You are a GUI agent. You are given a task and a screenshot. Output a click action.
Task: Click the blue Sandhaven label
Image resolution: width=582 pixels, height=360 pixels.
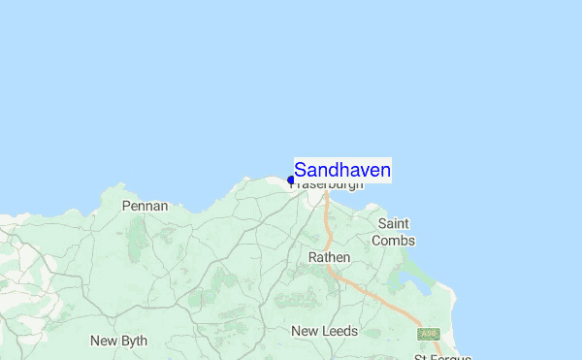pos(342,171)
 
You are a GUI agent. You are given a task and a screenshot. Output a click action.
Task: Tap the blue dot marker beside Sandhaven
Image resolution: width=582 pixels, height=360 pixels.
pos(291,180)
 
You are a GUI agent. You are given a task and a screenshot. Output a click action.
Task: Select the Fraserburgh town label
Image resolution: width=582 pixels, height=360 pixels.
pos(328,184)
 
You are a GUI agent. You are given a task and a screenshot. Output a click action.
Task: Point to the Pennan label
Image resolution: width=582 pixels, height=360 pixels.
pos(145,206)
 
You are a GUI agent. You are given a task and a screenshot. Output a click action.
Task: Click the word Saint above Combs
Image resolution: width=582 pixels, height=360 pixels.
pos(394,223)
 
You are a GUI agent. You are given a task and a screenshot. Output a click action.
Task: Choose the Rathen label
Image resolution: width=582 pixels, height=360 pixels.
pos(328,257)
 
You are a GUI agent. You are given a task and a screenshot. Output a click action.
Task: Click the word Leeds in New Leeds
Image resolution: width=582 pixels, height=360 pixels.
pos(340,331)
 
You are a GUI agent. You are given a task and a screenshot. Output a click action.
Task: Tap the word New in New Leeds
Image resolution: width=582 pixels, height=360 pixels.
pos(305,331)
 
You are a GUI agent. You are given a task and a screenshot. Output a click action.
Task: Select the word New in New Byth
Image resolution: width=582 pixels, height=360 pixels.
pos(104,341)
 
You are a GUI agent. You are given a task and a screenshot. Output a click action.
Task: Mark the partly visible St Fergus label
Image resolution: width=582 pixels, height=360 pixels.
pos(442,357)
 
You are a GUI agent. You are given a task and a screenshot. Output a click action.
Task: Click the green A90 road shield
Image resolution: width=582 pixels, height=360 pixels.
pos(428,334)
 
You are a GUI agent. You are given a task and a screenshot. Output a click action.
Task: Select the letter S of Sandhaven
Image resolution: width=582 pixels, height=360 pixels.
pos(301,171)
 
